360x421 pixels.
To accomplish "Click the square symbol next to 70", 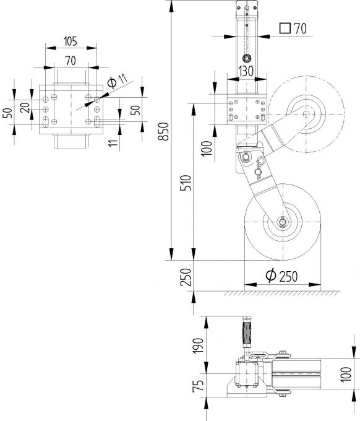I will [285, 28].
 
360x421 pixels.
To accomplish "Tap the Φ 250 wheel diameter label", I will [282, 276].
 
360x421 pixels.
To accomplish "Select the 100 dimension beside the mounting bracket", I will [207, 147].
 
